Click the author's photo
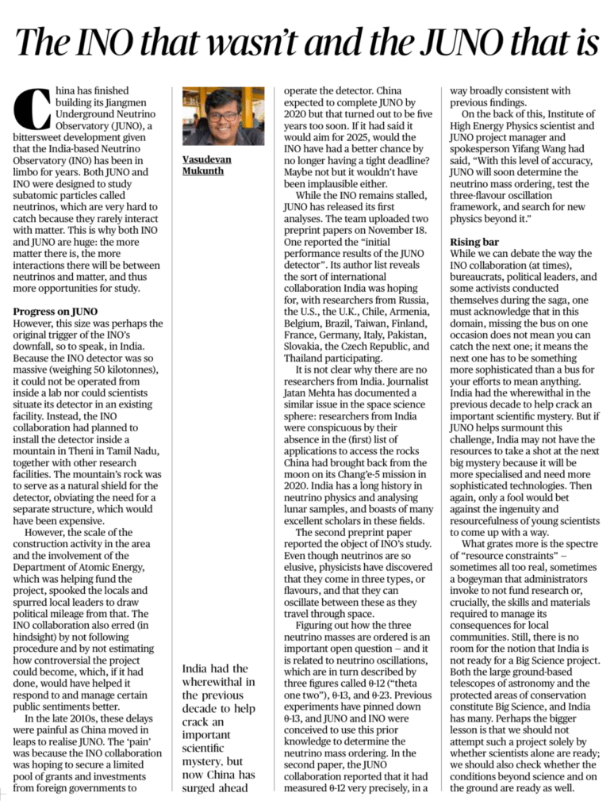tap(223, 117)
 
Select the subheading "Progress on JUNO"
tap(56, 312)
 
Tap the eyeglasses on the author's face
tap(224, 116)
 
